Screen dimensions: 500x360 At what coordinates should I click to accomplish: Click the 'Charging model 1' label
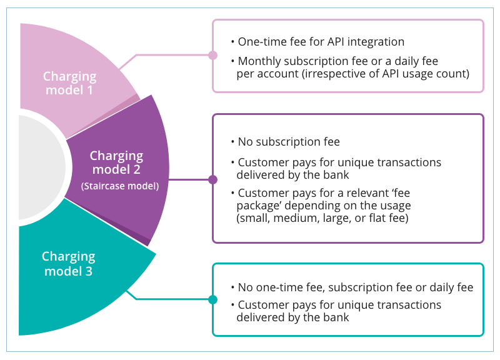[69, 83]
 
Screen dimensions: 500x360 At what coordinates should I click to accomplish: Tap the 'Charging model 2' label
[116, 162]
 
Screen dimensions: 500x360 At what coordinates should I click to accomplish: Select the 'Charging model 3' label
[69, 264]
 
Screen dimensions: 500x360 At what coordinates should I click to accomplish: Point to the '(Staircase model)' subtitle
[120, 186]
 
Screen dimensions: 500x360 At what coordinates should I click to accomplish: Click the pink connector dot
[212, 55]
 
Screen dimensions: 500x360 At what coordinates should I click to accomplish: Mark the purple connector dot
[212, 179]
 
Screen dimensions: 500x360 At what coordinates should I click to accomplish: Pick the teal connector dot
[212, 299]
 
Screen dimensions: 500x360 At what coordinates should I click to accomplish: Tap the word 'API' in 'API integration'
[334, 42]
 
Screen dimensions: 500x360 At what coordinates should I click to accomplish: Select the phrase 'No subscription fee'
[289, 142]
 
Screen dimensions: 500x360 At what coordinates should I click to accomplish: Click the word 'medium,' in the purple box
[296, 218]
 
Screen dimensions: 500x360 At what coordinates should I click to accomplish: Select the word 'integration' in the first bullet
[376, 42]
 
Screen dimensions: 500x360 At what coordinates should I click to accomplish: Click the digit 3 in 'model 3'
[89, 271]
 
